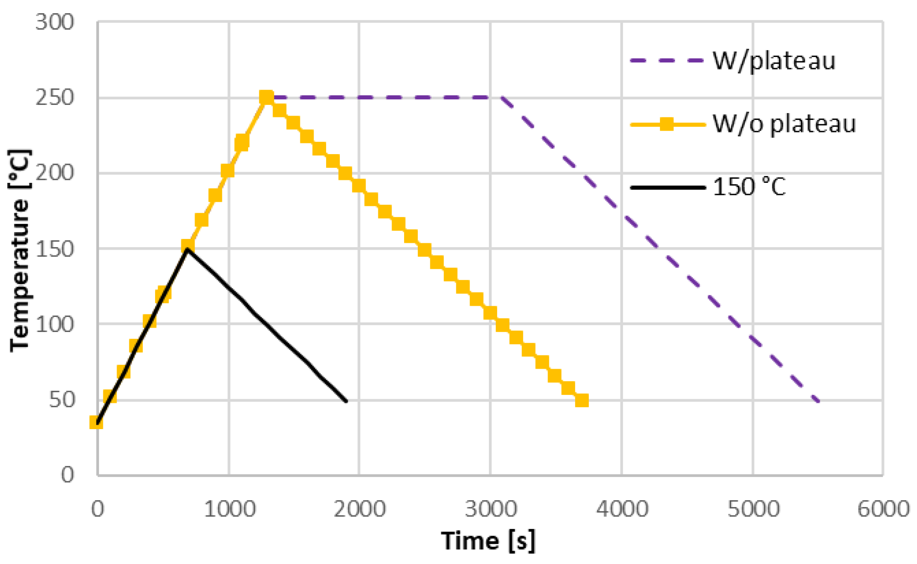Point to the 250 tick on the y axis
coord(54,98)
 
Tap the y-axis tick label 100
coord(54,324)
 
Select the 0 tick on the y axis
coord(67,474)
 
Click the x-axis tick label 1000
coord(229,509)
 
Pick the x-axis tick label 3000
coord(491,509)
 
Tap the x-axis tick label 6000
coord(883,509)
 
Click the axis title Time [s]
coord(488,540)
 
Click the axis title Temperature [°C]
coord(20,250)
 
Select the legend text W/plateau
coord(774,60)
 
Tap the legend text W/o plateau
coord(784,124)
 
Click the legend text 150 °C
coord(749,187)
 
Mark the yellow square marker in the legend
coord(667,124)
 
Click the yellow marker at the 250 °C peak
coord(267,98)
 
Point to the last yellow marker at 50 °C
coord(581,400)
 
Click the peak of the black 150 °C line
coord(187,249)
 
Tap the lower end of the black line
coord(346,401)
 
